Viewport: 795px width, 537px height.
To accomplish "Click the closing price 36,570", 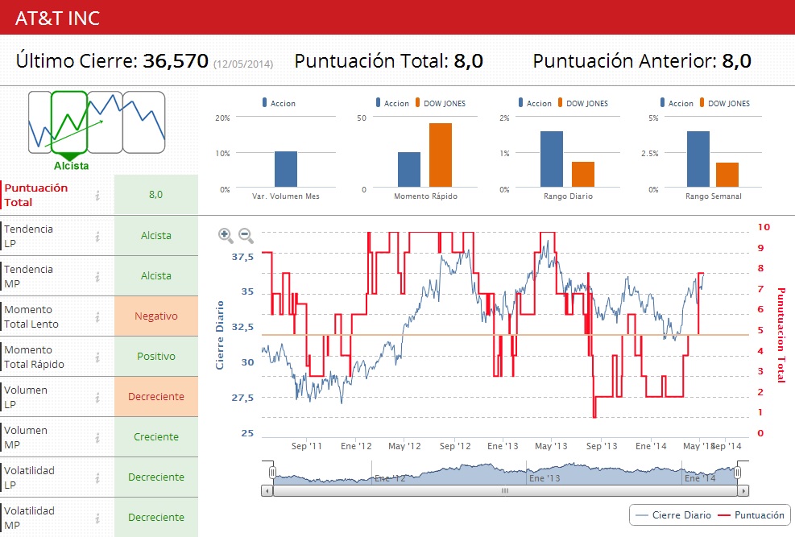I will pos(176,61).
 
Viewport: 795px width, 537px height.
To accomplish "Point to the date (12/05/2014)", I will pos(243,64).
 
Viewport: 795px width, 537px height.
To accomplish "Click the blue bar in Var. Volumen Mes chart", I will pos(285,169).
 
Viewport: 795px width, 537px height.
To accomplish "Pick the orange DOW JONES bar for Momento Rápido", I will pos(440,155).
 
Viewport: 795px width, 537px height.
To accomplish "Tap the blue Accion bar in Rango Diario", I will pos(551,159).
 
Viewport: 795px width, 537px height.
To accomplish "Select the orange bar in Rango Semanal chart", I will pos(727,175).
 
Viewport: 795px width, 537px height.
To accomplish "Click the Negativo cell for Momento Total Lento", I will pos(156,316).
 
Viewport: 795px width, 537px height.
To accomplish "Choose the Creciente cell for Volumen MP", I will pos(156,437).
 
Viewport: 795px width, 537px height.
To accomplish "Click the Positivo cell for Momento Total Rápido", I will pos(156,357).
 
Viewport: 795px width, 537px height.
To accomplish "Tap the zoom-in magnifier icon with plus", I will pos(226,235).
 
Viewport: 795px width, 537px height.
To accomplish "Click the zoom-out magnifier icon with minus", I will pos(246,235).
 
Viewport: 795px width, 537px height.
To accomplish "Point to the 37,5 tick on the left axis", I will pos(242,257).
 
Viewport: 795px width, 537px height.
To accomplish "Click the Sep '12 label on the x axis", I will pos(454,446).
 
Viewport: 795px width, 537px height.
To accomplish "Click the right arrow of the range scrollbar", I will pos(743,490).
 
